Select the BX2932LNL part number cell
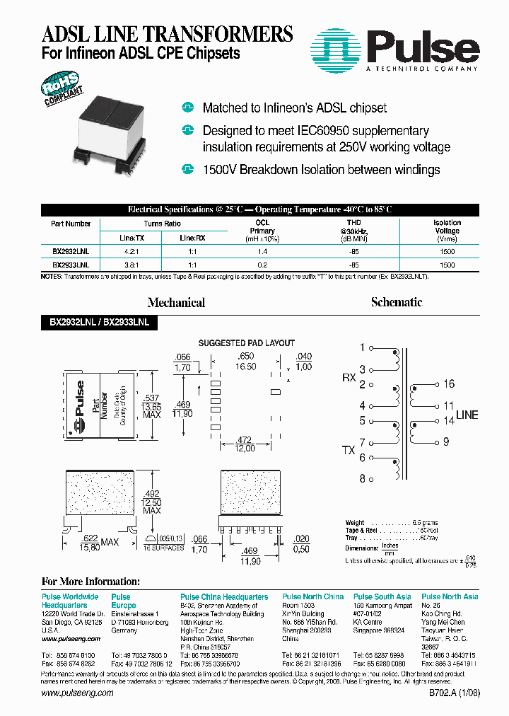(71, 251)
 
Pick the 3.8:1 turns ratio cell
(132, 265)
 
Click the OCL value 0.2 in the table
(262, 265)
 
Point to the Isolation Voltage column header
(447, 231)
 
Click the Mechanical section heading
(177, 303)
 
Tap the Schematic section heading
(397, 302)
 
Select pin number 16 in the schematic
(450, 384)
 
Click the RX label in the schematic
(349, 378)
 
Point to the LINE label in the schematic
(467, 415)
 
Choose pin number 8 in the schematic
(363, 479)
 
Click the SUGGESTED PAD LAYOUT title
(246, 343)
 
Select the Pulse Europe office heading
(124, 601)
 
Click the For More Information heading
(91, 582)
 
